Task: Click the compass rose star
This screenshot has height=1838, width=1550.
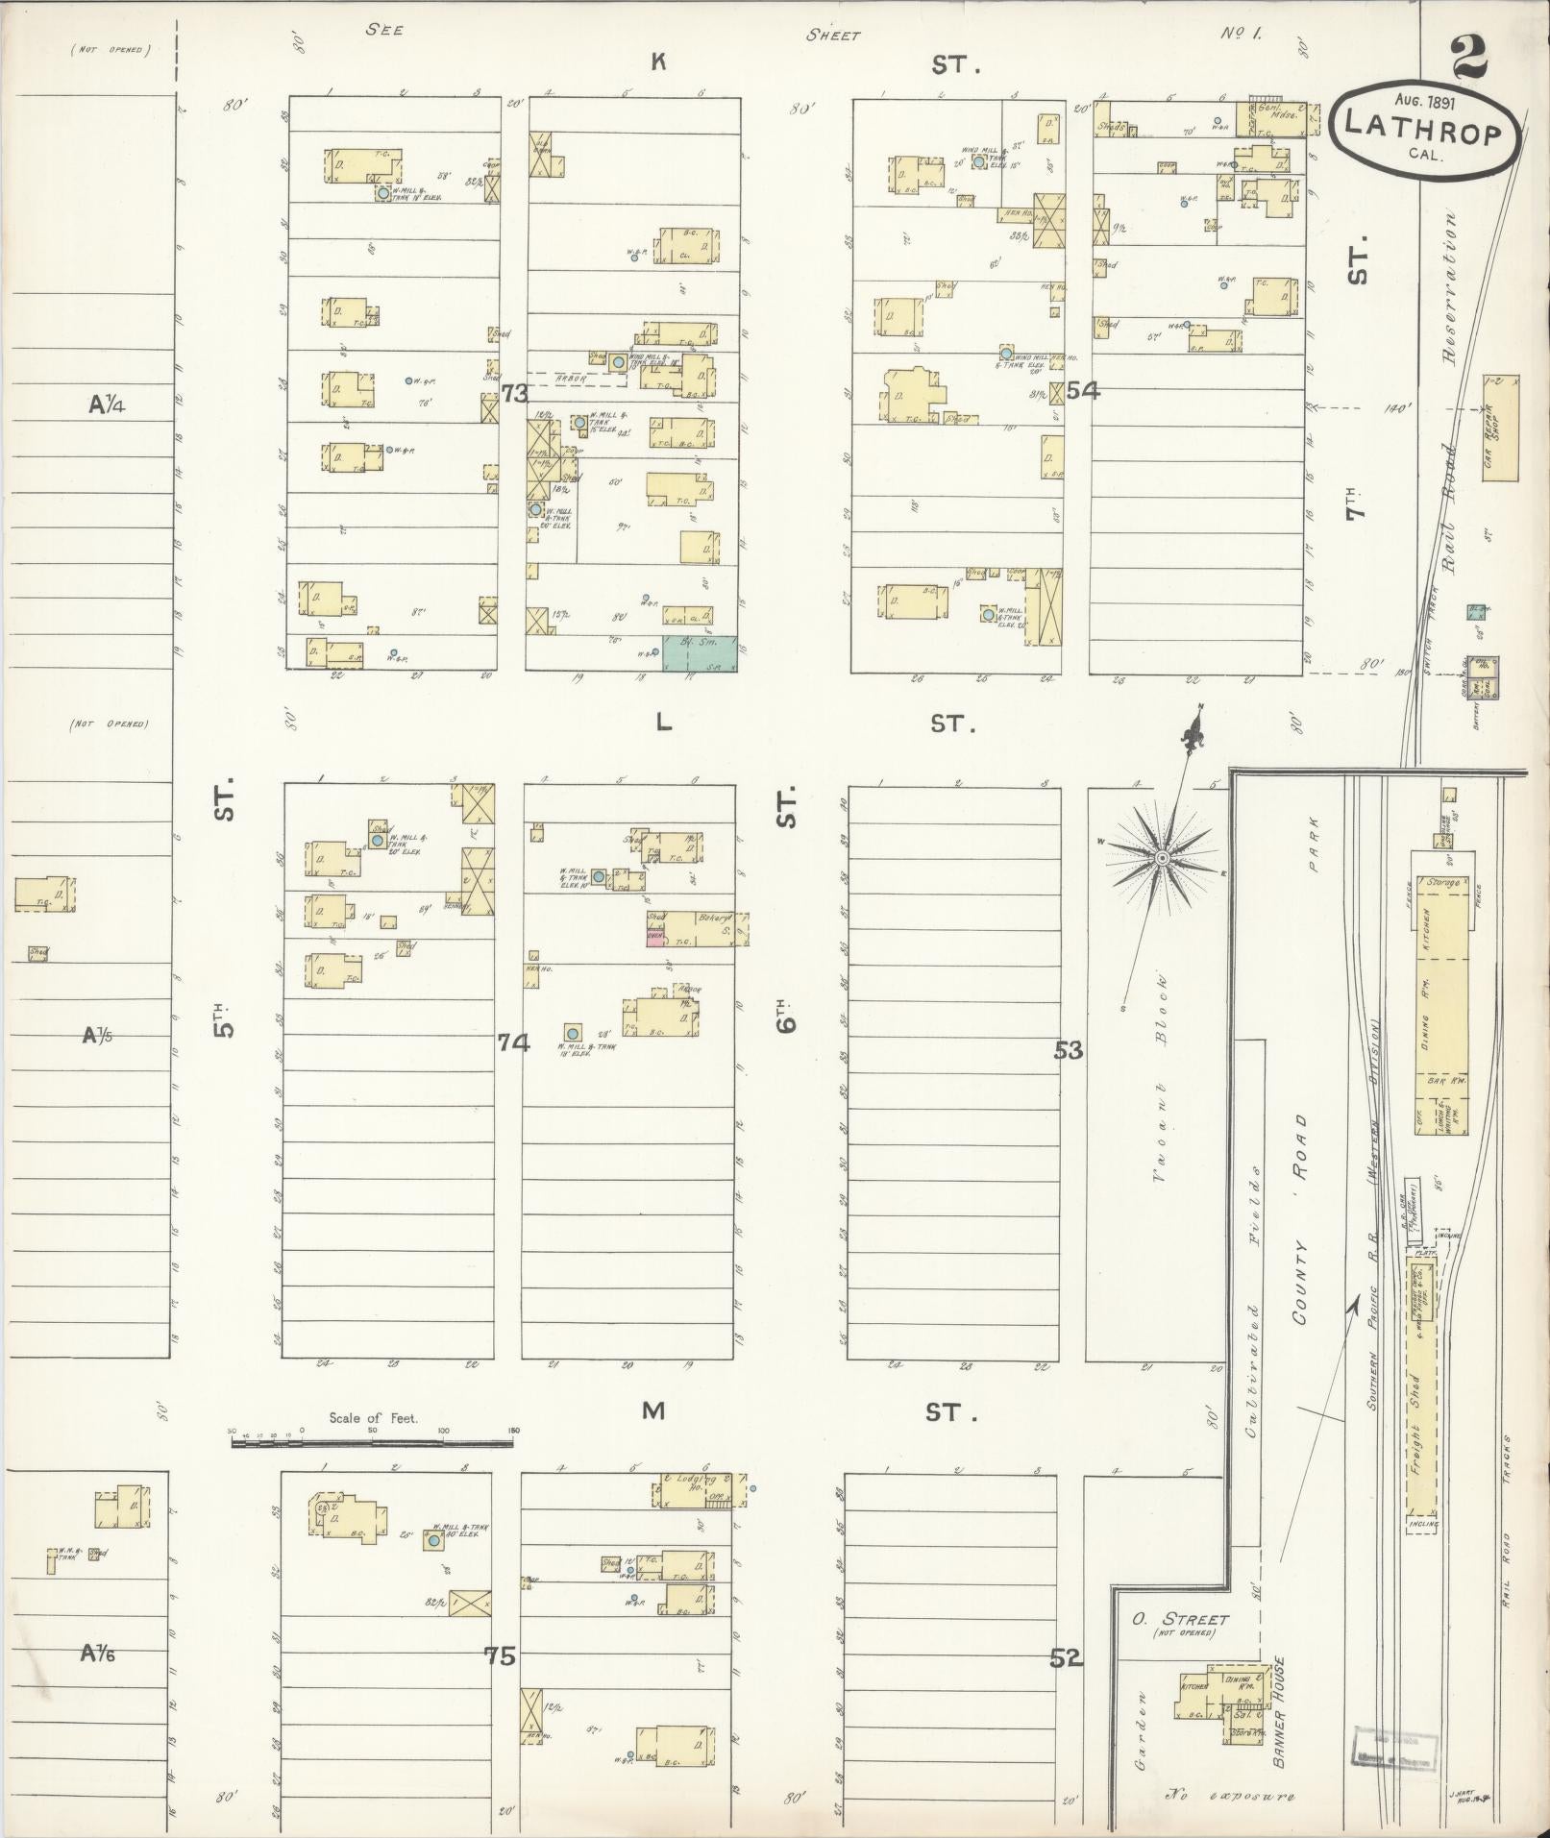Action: (x=1162, y=856)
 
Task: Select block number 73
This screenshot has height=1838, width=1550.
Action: (x=514, y=393)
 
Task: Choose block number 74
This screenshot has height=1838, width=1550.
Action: (x=513, y=1042)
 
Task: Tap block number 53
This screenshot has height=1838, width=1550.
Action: (x=1068, y=1050)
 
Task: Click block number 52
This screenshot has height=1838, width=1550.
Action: (x=1066, y=1657)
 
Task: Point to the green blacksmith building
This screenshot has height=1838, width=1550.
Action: (x=699, y=652)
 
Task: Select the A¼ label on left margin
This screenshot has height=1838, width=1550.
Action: (x=108, y=404)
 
